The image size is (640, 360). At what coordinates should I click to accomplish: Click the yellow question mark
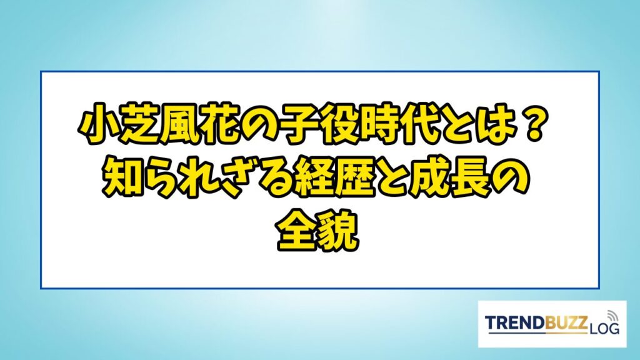[x=531, y=127]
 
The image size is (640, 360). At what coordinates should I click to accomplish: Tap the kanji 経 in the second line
[x=316, y=180]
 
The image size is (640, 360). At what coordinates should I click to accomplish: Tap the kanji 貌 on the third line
[x=338, y=231]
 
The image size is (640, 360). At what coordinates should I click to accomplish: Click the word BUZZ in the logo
[x=565, y=322]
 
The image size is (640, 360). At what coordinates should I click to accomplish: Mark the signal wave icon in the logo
[x=612, y=316]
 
